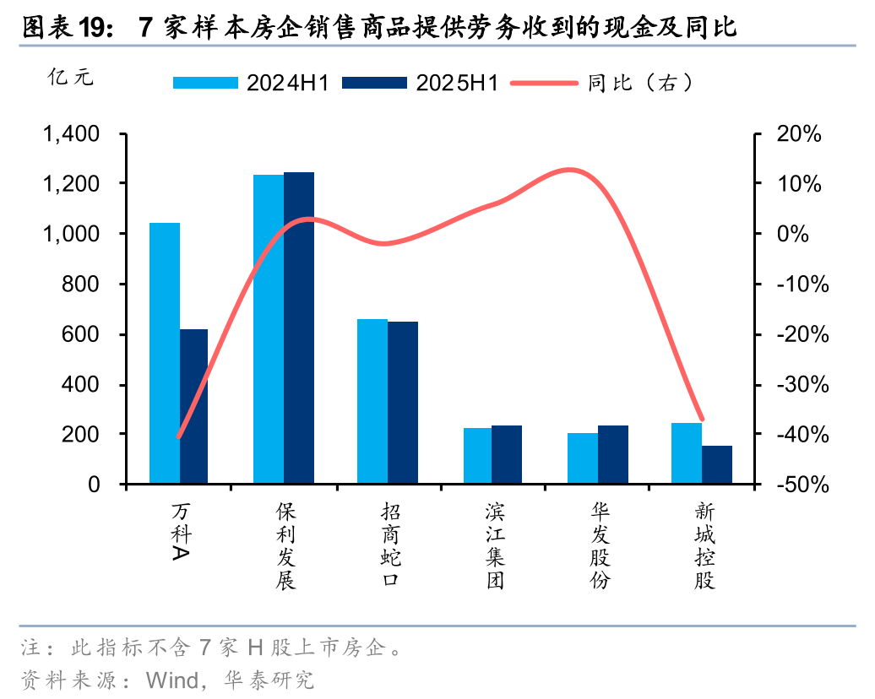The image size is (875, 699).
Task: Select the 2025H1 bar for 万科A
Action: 193,406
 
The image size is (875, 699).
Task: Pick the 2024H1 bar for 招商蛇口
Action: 372,401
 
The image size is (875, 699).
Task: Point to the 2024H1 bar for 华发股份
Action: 583,458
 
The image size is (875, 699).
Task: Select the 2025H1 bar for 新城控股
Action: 717,464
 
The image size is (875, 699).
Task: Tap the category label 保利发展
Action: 285,546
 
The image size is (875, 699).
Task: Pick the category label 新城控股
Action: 704,546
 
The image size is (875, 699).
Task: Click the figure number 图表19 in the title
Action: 64,28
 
